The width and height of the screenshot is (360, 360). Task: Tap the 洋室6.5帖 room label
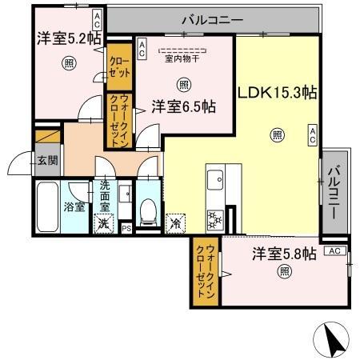pyautogui.click(x=183, y=106)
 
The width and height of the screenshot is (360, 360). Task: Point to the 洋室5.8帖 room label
pyautogui.click(x=284, y=254)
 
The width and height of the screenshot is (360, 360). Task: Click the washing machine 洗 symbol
pyautogui.click(x=103, y=224)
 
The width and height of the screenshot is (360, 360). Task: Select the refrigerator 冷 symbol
pyautogui.click(x=174, y=223)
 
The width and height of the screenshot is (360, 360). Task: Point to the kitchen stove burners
pyautogui.click(x=214, y=218)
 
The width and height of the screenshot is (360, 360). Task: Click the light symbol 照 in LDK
pyautogui.click(x=276, y=134)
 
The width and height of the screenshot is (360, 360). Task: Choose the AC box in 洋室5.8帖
pyautogui.click(x=335, y=251)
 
